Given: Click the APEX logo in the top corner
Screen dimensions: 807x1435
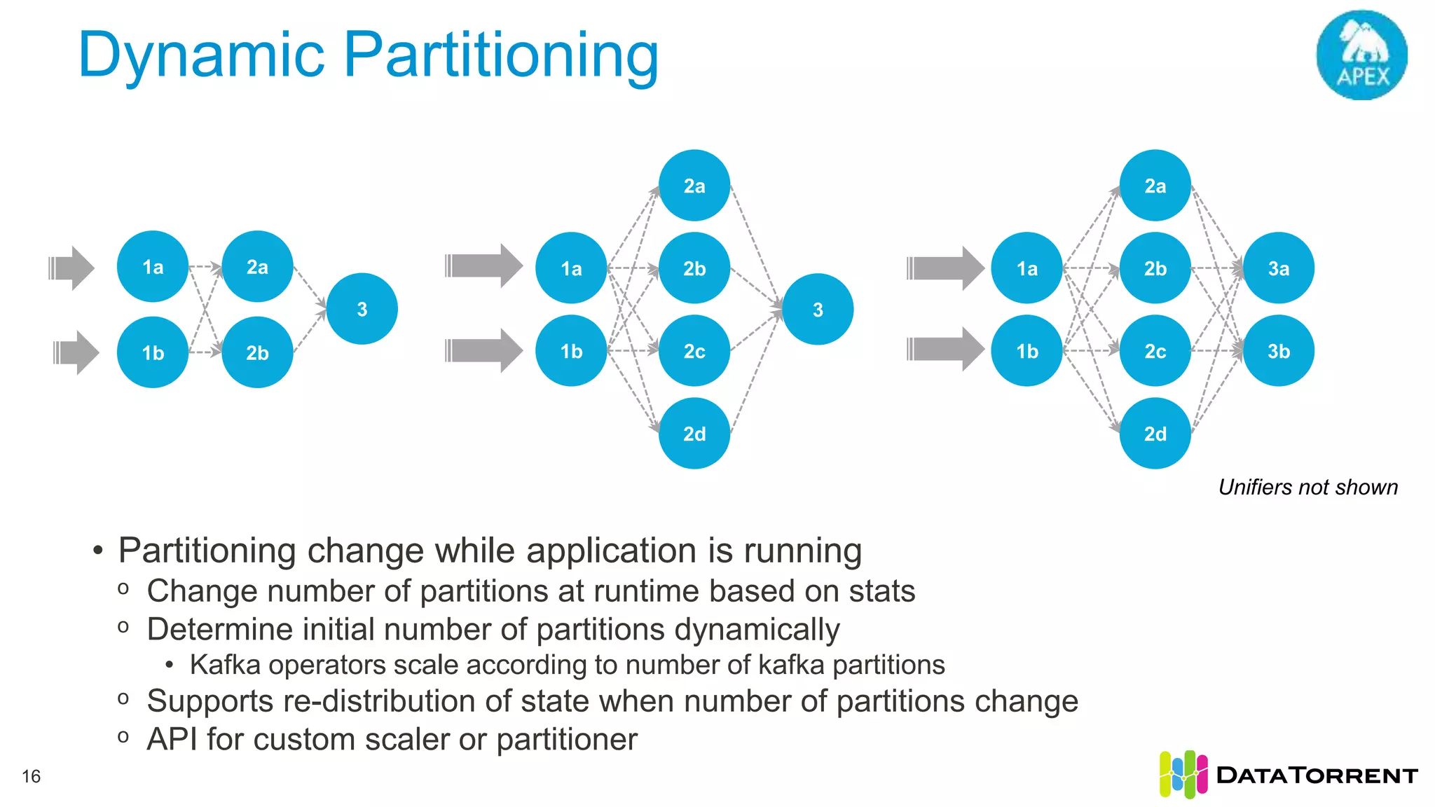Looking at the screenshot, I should point(1361,55).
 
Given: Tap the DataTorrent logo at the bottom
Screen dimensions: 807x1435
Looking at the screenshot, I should point(1288,775).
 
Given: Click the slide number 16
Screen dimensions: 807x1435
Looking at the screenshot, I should point(32,776).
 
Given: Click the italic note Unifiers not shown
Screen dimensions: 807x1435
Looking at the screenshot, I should point(1307,487).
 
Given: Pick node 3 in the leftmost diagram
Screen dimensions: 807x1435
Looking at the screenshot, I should point(362,309).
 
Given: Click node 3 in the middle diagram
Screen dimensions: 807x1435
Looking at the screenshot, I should point(818,310).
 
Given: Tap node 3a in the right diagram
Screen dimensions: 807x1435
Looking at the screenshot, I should point(1278,268).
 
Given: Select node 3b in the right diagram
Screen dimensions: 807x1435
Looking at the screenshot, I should point(1278,351).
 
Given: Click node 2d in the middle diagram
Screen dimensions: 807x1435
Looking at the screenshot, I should point(694,434).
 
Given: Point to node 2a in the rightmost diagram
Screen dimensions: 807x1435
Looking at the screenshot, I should point(1155,186).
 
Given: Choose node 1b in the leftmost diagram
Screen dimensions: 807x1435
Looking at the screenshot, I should point(153,352).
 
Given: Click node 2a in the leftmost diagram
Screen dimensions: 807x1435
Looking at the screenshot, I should point(257,267).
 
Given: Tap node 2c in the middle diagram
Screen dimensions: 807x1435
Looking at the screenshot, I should point(694,351).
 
